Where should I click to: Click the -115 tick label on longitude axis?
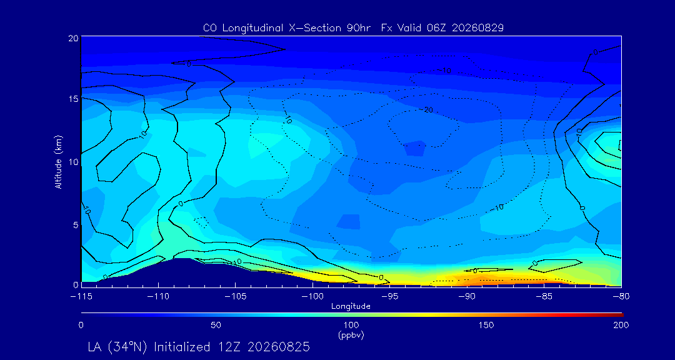click(x=81, y=297)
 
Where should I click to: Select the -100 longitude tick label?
click(x=312, y=297)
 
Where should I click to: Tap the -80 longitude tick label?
click(x=621, y=297)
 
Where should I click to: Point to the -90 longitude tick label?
click(x=467, y=297)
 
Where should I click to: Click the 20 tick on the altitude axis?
click(x=74, y=38)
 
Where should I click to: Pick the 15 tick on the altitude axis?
click(x=74, y=99)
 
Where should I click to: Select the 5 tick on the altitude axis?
click(x=76, y=224)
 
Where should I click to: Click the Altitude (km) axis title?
click(x=59, y=161)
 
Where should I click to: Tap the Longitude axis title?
click(x=351, y=306)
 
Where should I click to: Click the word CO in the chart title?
click(x=208, y=28)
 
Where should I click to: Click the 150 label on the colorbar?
click(x=486, y=325)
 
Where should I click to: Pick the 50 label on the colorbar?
click(x=216, y=325)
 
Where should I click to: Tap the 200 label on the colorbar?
click(x=621, y=325)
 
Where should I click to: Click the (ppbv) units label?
click(x=351, y=336)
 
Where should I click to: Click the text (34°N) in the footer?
click(x=131, y=347)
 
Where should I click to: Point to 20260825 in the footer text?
click(x=283, y=347)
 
